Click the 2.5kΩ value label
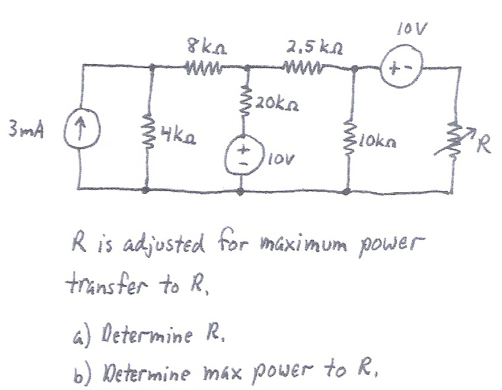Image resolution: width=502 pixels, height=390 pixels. (x=308, y=48)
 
